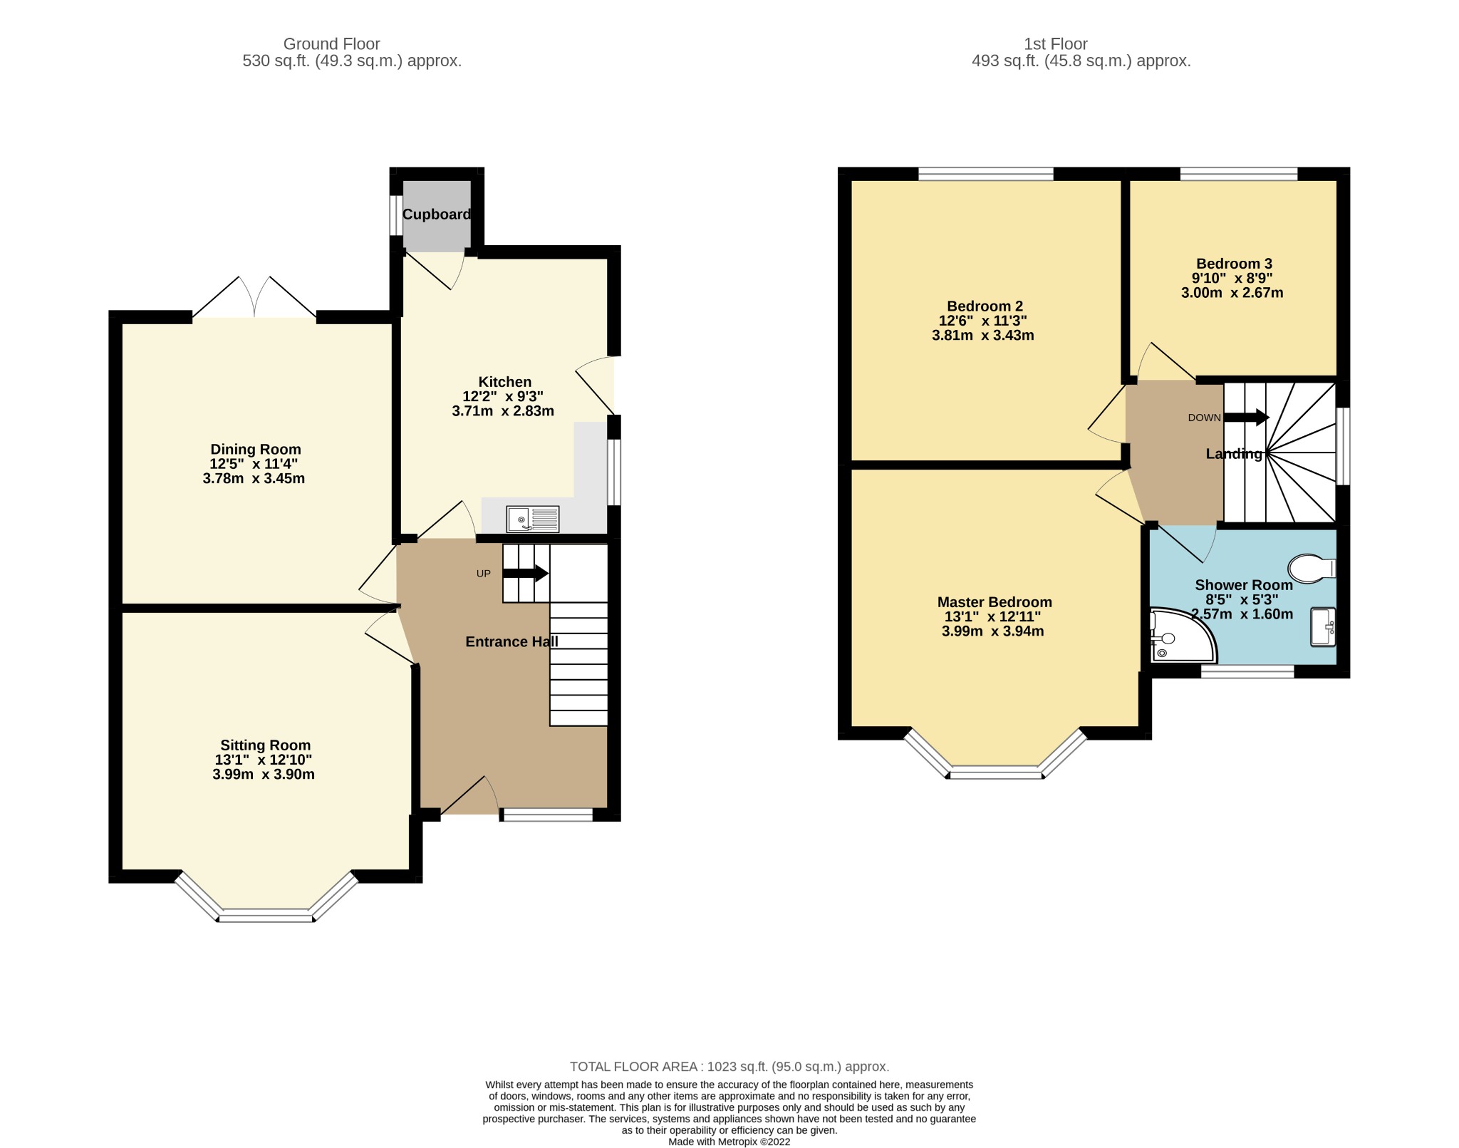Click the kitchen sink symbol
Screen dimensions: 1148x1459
pyautogui.click(x=532, y=519)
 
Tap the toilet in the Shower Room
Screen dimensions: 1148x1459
pyautogui.click(x=1309, y=568)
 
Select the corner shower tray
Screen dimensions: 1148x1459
pyautogui.click(x=1178, y=635)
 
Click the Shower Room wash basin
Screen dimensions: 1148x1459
pyautogui.click(x=1322, y=627)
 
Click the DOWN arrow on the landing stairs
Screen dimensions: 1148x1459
pyautogui.click(x=1246, y=418)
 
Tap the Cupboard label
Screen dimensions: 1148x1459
pyautogui.click(x=436, y=214)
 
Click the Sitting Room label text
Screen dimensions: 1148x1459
pyautogui.click(x=265, y=745)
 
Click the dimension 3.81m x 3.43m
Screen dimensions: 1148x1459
pyautogui.click(x=982, y=335)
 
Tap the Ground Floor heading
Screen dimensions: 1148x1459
pyautogui.click(x=331, y=44)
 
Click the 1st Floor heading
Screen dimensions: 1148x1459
pyautogui.click(x=1055, y=44)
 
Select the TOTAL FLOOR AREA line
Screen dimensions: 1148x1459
pyautogui.click(x=729, y=1067)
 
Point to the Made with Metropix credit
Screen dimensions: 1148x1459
pyautogui.click(x=729, y=1142)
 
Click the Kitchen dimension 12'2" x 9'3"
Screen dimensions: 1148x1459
pyautogui.click(x=503, y=396)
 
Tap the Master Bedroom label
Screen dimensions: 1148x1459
pyautogui.click(x=994, y=602)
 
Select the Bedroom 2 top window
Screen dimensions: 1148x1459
pyautogui.click(x=985, y=174)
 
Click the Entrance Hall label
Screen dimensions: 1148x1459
pyautogui.click(x=512, y=642)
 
